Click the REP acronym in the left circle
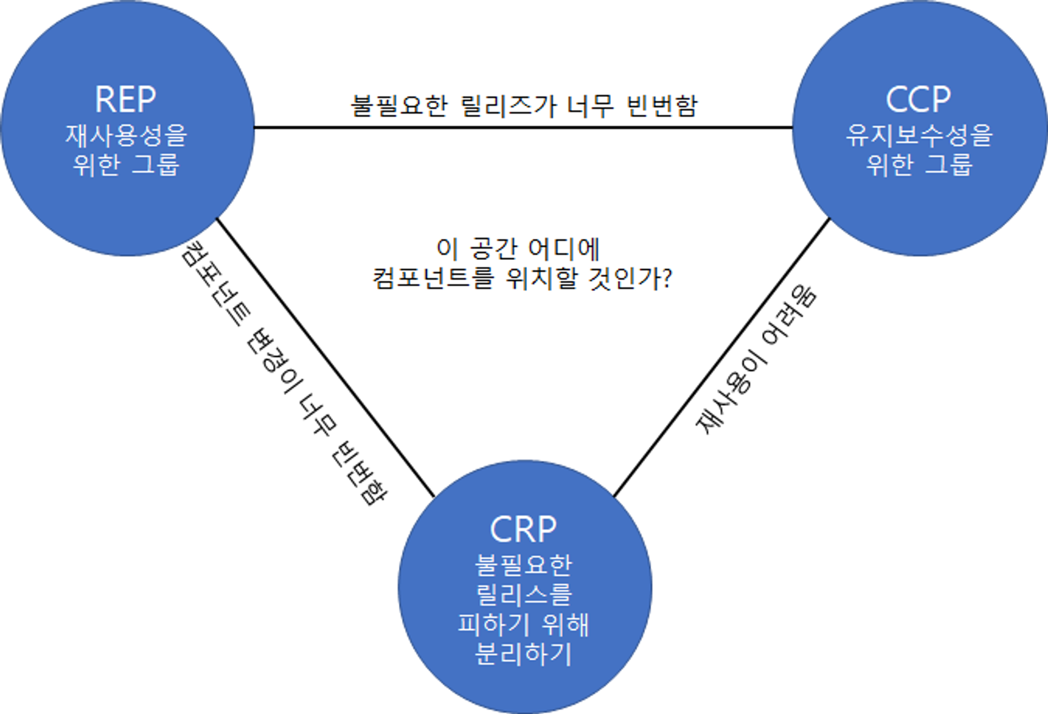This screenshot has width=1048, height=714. (x=125, y=99)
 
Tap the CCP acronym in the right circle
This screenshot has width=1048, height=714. (x=919, y=99)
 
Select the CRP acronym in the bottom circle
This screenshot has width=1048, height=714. (x=523, y=530)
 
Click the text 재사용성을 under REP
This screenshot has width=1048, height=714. (x=126, y=135)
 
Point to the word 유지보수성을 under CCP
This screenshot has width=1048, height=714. (x=919, y=135)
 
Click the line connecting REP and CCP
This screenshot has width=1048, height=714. (x=523, y=127)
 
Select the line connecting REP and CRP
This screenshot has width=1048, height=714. (x=326, y=358)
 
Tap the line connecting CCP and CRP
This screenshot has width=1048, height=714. (x=722, y=357)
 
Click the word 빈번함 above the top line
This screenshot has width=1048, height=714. (x=662, y=106)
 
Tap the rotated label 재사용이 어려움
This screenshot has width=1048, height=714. (x=756, y=360)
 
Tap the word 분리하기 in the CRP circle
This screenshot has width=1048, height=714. (x=523, y=654)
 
